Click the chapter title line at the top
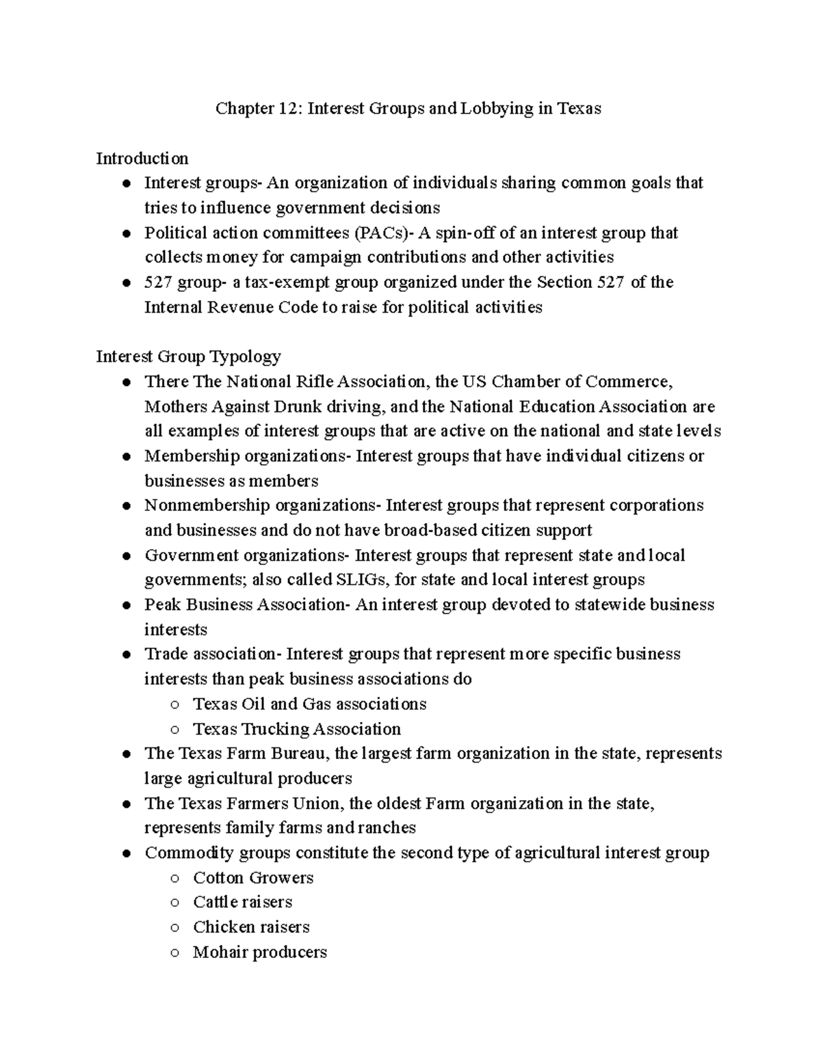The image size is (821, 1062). pos(408,109)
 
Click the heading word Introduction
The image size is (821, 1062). pos(142,159)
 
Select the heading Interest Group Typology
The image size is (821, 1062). pos(188,356)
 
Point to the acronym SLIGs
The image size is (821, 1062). pos(362,580)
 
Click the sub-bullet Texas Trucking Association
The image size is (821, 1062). pos(296,729)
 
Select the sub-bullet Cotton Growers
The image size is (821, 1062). pos(253,877)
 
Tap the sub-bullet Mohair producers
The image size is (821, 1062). pos(259,952)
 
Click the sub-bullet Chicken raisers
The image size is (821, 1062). pos(251,927)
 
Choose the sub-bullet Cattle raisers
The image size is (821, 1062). pos(242,902)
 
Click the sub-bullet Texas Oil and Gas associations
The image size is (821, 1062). pos(309,704)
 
